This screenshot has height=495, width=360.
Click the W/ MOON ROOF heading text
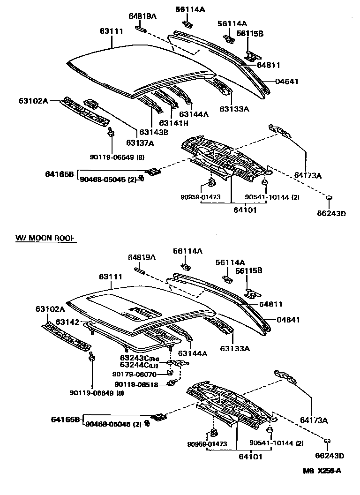[x=45, y=239]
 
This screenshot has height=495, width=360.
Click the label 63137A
[x=139, y=143]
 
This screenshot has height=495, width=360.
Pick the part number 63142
[x=67, y=322]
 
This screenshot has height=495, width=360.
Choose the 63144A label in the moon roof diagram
[x=192, y=353]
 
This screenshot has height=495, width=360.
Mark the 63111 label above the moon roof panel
[x=111, y=277]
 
